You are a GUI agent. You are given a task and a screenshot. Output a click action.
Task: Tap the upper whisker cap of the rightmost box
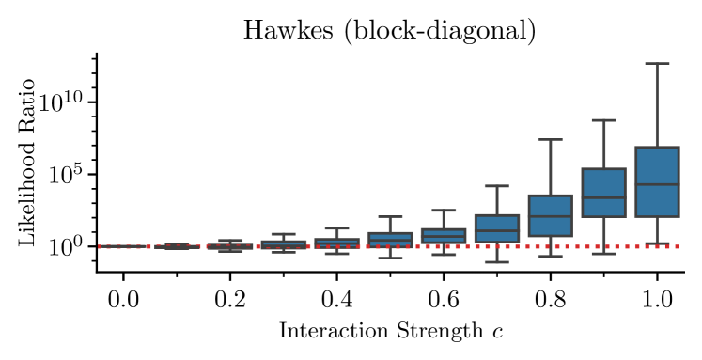[656, 63]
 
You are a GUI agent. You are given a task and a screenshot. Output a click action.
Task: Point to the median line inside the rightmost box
[656, 184]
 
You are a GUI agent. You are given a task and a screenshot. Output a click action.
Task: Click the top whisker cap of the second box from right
[603, 120]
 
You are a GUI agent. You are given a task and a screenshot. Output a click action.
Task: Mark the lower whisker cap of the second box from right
[603, 254]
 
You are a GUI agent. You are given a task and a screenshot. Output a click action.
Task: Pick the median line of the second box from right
[603, 197]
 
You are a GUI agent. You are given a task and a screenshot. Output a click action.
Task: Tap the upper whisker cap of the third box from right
[550, 139]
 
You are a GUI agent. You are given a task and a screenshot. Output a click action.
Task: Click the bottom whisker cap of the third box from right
[550, 256]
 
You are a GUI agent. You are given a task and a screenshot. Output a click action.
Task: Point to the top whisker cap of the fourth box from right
[496, 185]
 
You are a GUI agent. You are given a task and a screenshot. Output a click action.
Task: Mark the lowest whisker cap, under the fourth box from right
[496, 261]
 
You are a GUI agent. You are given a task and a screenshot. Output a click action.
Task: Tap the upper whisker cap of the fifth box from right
[444, 211]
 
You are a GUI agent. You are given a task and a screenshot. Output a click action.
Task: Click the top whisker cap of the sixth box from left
[390, 217]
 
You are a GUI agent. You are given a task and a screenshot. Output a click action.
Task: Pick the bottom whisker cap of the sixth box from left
[390, 258]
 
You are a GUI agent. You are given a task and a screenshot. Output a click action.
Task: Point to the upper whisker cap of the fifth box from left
[336, 228]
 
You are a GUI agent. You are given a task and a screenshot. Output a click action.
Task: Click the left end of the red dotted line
[100, 246]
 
